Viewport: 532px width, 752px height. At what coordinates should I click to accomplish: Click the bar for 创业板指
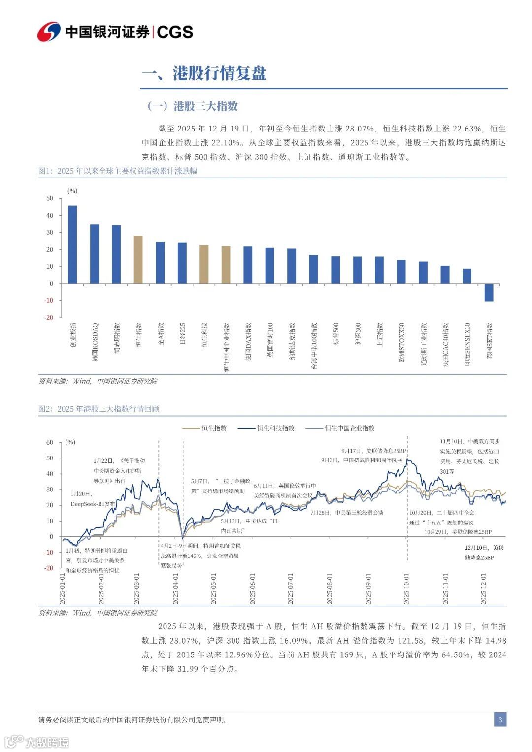click(x=72, y=244)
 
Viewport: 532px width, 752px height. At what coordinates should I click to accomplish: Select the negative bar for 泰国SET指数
click(x=489, y=293)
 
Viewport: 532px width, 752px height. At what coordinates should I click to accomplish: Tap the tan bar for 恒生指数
click(x=138, y=260)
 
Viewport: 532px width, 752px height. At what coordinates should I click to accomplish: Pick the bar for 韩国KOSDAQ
click(x=95, y=254)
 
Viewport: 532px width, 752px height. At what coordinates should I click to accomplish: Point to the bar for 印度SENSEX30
click(x=467, y=276)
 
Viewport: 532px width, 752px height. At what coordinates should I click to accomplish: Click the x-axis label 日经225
click(x=182, y=333)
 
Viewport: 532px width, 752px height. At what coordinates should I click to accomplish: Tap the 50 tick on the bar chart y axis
click(x=50, y=198)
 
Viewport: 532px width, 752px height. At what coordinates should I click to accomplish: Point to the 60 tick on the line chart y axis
click(x=50, y=442)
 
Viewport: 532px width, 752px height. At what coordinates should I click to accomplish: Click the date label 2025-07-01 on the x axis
click(x=291, y=589)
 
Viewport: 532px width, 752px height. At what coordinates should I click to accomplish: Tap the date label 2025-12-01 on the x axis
click(x=484, y=589)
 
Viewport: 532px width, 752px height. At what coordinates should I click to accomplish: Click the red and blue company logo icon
click(x=49, y=32)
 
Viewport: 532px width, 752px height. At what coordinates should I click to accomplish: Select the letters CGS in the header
click(x=175, y=32)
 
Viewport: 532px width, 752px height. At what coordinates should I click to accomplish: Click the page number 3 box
click(x=500, y=720)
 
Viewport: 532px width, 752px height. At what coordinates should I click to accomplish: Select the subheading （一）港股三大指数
click(x=193, y=106)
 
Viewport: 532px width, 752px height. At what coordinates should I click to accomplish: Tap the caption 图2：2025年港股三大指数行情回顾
click(x=99, y=409)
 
